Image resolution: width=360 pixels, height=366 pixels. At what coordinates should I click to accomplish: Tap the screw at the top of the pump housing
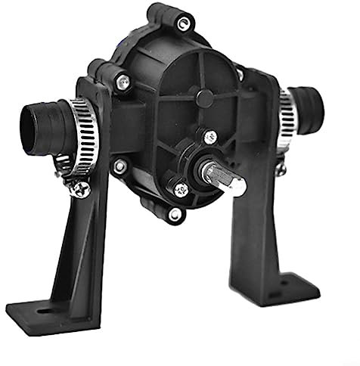(182, 23)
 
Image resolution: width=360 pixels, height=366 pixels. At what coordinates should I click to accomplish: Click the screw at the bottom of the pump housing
(175, 216)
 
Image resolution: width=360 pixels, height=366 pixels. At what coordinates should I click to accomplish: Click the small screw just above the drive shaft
(211, 137)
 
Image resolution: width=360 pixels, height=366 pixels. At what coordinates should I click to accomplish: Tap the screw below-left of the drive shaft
(181, 190)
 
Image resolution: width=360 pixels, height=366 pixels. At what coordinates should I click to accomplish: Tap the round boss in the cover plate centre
(202, 98)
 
